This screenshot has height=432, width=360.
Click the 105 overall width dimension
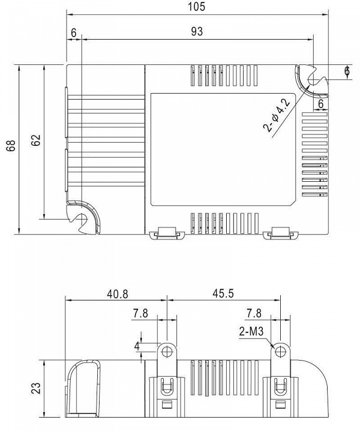point(197,7)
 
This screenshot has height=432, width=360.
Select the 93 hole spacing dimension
point(197,31)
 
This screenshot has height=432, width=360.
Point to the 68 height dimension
point(11,146)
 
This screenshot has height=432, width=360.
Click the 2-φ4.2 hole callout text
point(277,115)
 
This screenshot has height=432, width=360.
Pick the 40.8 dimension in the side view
point(118,294)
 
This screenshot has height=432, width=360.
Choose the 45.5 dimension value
point(223,293)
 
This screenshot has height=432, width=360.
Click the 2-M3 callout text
point(251,331)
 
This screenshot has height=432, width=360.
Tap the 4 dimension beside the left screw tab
point(137,346)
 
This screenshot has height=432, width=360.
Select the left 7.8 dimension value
point(140,314)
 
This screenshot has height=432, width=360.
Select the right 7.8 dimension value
point(254,313)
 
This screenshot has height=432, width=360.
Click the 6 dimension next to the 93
point(74,33)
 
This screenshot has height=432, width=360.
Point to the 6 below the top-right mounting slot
point(320,104)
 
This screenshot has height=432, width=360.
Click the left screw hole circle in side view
point(166,351)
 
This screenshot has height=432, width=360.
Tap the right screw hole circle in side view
point(280,351)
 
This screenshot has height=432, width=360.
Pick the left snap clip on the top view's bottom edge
point(167,233)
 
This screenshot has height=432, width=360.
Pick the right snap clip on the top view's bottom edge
point(281,233)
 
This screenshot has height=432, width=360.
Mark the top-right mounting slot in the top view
point(312,81)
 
